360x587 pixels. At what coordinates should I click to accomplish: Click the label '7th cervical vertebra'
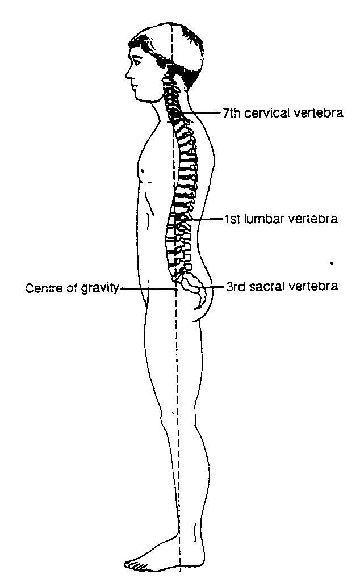[282, 113]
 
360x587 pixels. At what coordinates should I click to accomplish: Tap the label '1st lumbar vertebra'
[281, 219]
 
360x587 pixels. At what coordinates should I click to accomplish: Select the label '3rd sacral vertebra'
[282, 287]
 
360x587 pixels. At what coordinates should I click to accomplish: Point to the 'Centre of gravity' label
[72, 288]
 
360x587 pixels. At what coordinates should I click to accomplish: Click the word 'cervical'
[269, 113]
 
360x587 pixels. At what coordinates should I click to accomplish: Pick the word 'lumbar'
[268, 219]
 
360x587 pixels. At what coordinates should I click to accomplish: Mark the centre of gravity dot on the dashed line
[176, 289]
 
